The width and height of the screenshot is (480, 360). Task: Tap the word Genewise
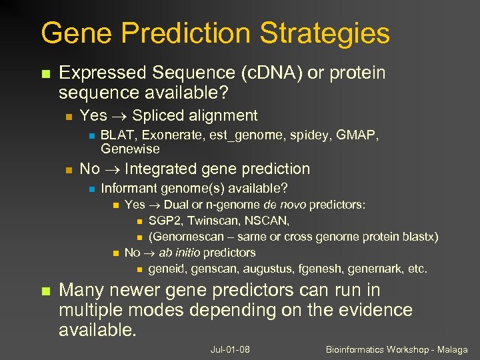130,149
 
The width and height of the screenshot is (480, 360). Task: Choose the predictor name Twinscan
211,220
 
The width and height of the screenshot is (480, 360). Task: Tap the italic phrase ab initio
175,253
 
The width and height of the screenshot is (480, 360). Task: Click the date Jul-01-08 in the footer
229,349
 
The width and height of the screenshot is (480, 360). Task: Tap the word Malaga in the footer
451,349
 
